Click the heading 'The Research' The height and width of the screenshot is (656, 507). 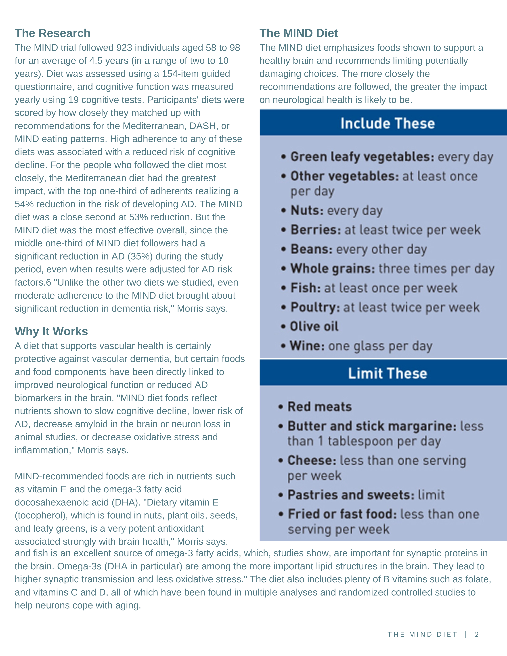click(52, 33)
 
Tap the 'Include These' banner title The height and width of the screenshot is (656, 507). click(388, 123)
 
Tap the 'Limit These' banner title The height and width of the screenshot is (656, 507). click(388, 373)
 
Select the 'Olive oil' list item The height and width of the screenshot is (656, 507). click(314, 326)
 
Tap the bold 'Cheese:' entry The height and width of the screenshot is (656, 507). click(312, 460)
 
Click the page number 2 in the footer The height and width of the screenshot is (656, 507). click(477, 634)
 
